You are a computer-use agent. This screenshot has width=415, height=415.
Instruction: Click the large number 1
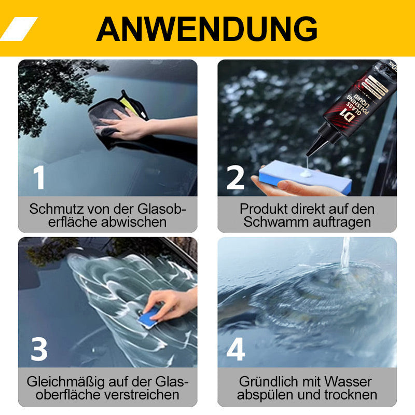pyautogui.click(x=39, y=177)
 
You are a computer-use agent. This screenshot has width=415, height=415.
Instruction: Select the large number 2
pyautogui.click(x=236, y=177)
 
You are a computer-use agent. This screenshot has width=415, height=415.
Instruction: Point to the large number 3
pyautogui.click(x=39, y=349)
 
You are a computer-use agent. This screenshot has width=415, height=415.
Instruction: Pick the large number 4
pyautogui.click(x=236, y=349)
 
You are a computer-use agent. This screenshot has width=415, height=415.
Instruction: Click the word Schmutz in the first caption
pyautogui.click(x=53, y=210)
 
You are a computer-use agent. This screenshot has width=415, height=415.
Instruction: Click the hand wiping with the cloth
pyautogui.click(x=121, y=125)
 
